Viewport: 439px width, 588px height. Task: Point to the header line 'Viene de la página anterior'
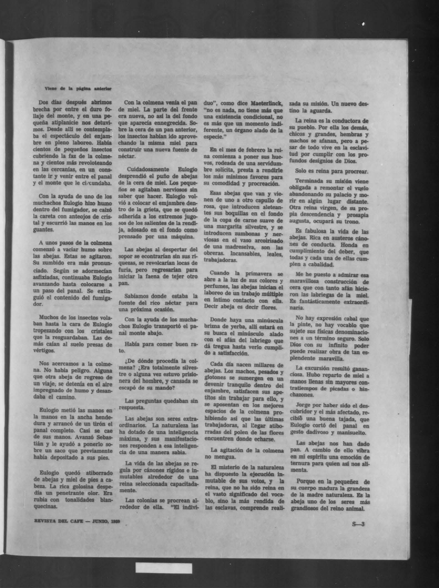pyautogui.click(x=78, y=89)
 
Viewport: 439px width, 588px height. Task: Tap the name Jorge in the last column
pyautogui.click(x=303, y=405)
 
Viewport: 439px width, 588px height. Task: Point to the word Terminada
pyautogui.click(x=308, y=181)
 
